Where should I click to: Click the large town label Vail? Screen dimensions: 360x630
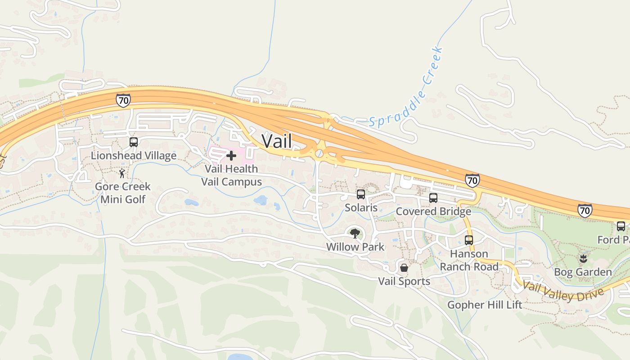276,141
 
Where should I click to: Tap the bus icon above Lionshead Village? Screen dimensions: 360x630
134,142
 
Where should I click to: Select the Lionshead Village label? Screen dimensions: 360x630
134,156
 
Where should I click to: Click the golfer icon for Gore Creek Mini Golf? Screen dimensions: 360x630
122,173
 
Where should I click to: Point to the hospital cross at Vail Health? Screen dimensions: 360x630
231,156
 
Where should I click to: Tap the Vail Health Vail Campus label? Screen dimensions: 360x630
231,175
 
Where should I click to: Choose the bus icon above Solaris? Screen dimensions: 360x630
361,194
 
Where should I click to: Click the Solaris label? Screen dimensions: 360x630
361,208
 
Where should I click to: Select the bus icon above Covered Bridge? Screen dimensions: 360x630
433,198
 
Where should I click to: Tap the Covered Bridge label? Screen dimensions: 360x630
433,211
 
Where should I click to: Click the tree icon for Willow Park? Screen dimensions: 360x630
355,234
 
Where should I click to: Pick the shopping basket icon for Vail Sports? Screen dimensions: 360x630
404,268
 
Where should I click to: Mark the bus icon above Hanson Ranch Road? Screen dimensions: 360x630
469,240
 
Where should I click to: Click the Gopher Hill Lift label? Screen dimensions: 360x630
485,305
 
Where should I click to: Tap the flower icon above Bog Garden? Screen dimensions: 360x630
583,259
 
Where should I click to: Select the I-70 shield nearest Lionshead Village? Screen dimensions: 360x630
123,100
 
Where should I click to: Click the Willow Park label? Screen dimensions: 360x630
355,247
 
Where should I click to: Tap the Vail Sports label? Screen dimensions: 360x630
404,282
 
